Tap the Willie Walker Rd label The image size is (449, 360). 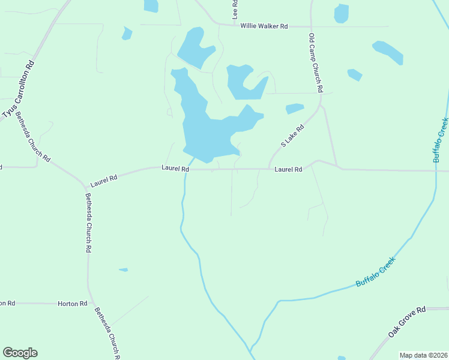[x=264, y=26]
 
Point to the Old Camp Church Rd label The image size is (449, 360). [x=316, y=62]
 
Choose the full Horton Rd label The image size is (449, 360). [x=73, y=304]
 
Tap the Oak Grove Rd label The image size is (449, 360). [x=406, y=322]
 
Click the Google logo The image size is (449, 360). [x=20, y=353]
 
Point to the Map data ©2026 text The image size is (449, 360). [x=423, y=355]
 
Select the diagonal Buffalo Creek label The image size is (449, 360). [x=376, y=271]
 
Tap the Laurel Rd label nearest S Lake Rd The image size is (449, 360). [x=288, y=170]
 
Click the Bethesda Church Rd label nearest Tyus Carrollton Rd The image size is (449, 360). [x=32, y=136]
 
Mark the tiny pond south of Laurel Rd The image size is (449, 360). [x=123, y=270]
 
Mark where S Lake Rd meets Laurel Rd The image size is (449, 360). [x=268, y=169]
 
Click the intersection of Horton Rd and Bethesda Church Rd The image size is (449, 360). [x=89, y=304]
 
